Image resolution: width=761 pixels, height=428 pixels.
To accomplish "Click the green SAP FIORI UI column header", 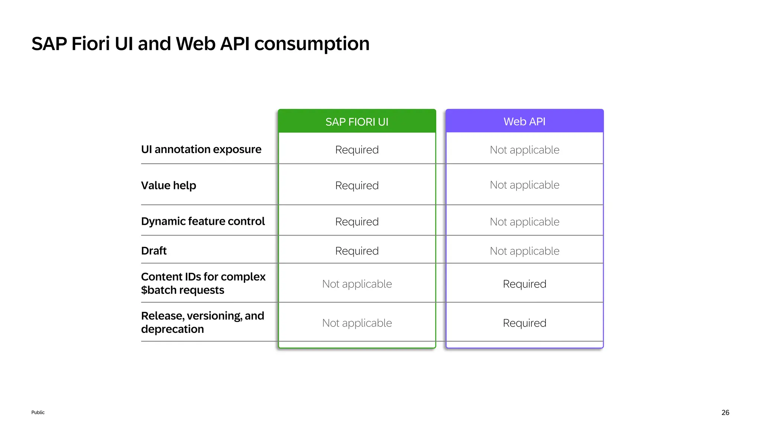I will point(357,121).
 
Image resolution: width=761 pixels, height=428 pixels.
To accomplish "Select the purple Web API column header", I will point(524,121).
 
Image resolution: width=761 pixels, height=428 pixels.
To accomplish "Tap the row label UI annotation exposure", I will point(201,149).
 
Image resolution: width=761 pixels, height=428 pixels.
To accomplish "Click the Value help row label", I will point(168,185).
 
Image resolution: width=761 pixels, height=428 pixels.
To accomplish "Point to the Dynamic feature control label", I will point(203,221).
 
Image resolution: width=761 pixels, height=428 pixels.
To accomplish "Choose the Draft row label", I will point(154,251).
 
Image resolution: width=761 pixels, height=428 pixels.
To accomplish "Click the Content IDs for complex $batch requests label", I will point(203,283).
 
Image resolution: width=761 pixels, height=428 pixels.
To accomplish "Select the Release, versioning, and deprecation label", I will point(203,322).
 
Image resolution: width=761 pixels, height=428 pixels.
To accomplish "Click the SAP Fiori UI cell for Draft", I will point(357,251).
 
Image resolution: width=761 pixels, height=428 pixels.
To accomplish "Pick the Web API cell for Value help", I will point(524,185).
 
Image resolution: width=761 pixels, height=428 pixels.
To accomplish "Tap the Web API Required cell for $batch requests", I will point(524,284).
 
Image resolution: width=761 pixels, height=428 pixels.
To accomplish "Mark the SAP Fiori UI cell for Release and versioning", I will point(357,323).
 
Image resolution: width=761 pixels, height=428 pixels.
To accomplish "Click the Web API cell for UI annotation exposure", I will point(524,150).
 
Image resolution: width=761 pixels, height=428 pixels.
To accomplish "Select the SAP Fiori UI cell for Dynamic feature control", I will point(357,222).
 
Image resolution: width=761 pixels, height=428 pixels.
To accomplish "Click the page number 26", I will point(725,412).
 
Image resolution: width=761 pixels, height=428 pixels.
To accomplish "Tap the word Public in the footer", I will point(38,412).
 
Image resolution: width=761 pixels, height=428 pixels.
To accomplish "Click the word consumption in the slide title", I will point(312,44).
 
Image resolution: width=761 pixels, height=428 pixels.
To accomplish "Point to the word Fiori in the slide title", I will point(91,44).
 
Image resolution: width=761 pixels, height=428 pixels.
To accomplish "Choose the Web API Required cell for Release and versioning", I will point(524,323).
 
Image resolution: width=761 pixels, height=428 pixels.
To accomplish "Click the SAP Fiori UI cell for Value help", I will point(357,185).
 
